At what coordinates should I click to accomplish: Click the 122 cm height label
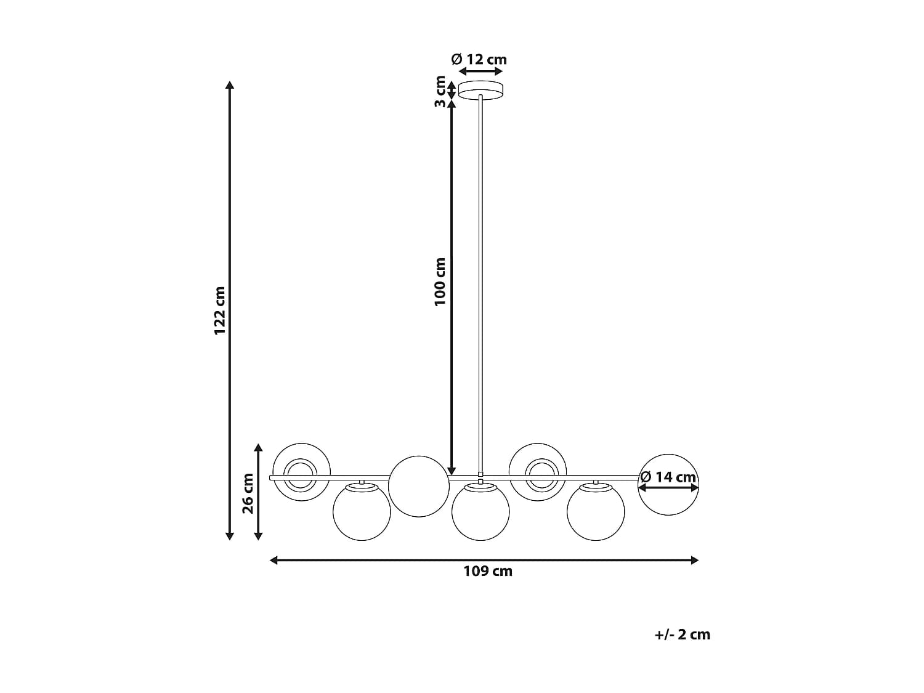220,310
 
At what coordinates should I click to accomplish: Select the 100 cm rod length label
439,282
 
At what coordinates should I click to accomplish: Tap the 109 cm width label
488,571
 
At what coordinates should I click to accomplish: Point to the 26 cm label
248,493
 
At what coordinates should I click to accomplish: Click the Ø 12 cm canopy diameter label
479,59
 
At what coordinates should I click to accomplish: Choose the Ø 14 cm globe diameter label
668,477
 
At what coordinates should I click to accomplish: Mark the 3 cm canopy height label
440,91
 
